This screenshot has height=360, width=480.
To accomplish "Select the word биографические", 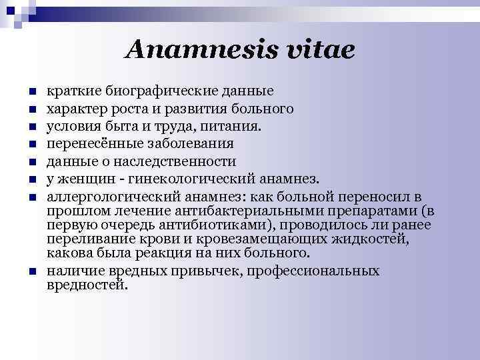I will point(148,90).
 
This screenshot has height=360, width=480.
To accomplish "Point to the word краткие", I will point(67,90).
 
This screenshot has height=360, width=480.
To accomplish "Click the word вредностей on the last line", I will point(85,285).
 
